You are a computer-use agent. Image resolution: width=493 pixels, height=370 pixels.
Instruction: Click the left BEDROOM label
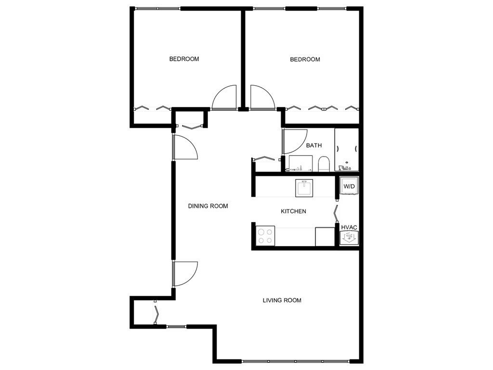click(x=184, y=59)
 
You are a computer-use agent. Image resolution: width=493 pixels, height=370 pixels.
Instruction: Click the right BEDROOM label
click(x=305, y=60)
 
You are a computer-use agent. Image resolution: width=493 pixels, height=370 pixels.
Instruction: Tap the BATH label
click(x=314, y=145)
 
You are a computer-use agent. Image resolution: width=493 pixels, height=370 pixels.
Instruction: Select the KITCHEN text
click(x=293, y=211)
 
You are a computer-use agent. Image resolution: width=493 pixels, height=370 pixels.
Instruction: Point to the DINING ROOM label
click(x=208, y=206)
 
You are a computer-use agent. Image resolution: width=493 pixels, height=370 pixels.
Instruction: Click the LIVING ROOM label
click(x=282, y=301)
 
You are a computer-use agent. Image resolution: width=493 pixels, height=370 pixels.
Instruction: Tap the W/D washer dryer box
click(x=349, y=186)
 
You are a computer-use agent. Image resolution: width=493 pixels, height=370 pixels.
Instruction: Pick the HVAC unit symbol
click(x=348, y=237)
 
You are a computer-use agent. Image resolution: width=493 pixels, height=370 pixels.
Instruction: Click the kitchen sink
click(x=304, y=187)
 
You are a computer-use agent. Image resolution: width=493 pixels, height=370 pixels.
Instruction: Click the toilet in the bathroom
click(x=324, y=164)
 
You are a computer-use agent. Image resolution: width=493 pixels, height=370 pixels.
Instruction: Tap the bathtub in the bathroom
click(x=347, y=150)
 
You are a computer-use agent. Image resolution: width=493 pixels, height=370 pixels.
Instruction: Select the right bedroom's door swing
click(x=261, y=98)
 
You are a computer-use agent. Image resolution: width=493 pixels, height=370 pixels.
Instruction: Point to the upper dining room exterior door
click(x=185, y=147)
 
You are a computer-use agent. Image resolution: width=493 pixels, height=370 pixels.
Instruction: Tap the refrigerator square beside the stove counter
click(x=325, y=237)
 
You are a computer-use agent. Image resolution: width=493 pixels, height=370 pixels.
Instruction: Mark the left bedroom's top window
click(x=157, y=8)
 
